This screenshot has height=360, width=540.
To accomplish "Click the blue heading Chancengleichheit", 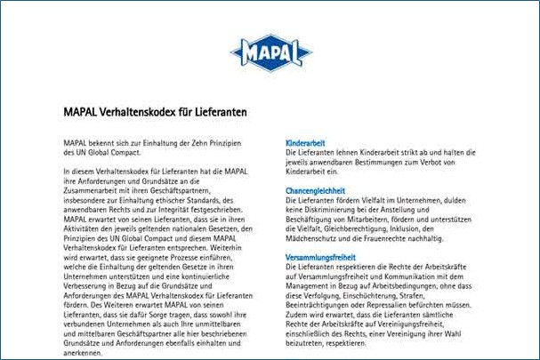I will (315, 191).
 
